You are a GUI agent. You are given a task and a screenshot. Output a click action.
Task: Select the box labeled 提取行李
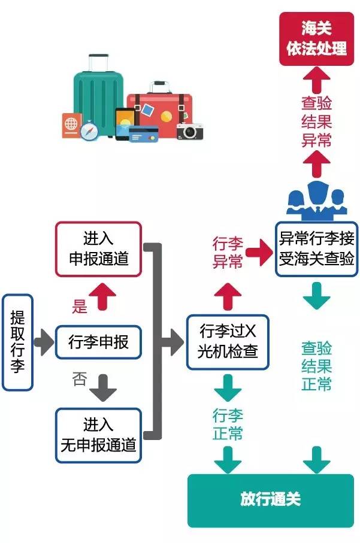17,342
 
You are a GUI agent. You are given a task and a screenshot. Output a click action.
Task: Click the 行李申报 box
98,342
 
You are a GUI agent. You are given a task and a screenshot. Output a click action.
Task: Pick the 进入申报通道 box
98,250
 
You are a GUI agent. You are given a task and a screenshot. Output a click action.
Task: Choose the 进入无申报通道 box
98,435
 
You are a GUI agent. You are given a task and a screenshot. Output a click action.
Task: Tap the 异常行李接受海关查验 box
316,248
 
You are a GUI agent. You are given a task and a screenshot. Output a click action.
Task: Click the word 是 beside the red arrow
80,307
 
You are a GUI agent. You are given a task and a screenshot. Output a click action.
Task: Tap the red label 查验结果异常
316,122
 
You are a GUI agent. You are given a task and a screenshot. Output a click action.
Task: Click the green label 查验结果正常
316,366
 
